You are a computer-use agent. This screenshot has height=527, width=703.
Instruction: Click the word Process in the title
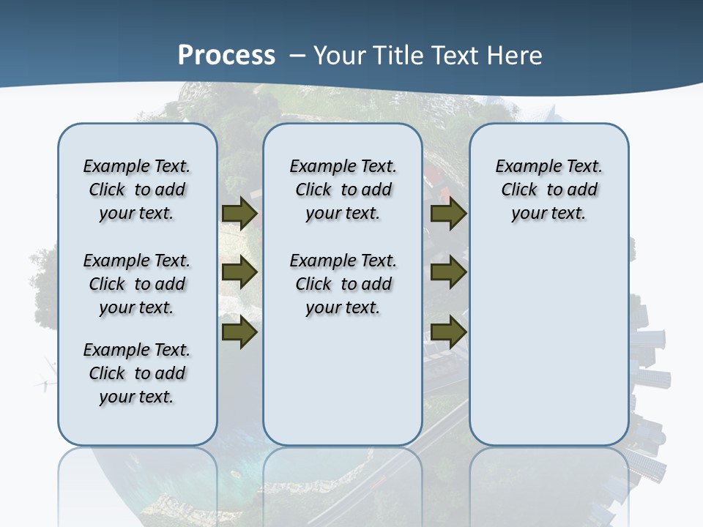[226, 55]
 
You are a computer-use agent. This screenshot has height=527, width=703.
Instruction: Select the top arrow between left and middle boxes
[239, 214]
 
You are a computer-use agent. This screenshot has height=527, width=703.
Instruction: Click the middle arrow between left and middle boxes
[239, 273]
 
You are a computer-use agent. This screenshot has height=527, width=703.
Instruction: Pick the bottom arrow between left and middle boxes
[239, 332]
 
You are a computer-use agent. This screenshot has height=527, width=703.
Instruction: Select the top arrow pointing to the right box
[448, 214]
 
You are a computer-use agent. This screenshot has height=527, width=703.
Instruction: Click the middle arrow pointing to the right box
[448, 273]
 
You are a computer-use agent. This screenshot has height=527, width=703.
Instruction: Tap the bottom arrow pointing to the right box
[448, 332]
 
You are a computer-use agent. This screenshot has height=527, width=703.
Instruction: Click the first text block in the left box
[137, 190]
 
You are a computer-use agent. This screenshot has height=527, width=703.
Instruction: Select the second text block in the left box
[137, 284]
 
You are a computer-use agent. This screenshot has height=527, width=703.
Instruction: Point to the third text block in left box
[137, 373]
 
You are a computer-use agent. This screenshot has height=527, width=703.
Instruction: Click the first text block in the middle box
[343, 190]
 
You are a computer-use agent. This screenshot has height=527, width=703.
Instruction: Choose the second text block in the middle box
[343, 284]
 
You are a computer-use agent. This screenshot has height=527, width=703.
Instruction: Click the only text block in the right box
[549, 190]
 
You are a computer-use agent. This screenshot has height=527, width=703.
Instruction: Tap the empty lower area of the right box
[549, 344]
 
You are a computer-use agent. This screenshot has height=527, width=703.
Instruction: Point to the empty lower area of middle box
[343, 381]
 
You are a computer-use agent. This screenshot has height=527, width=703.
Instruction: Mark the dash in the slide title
[297, 55]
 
